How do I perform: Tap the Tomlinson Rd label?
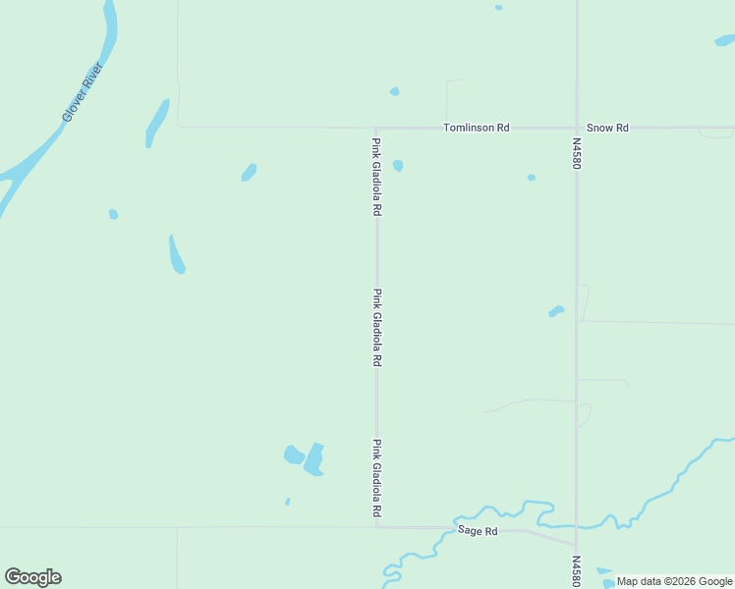477,128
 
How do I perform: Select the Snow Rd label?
606,128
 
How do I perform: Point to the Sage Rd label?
479,531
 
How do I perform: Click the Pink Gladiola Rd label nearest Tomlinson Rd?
376,177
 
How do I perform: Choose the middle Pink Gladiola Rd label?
376,327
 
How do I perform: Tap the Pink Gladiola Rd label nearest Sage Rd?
376,478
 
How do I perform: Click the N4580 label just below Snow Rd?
577,152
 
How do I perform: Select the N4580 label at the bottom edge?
577,571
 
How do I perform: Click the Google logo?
32,577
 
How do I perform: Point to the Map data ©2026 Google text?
674,581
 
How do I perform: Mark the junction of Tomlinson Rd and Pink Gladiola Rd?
376,128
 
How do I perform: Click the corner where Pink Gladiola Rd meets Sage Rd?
377,526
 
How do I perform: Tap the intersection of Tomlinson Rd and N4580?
576,128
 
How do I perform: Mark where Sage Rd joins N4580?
576,545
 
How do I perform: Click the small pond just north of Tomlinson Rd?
394,91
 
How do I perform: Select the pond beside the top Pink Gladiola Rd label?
398,165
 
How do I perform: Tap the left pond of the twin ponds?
293,455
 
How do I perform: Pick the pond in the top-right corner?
724,40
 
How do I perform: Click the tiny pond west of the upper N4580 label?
532,178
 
